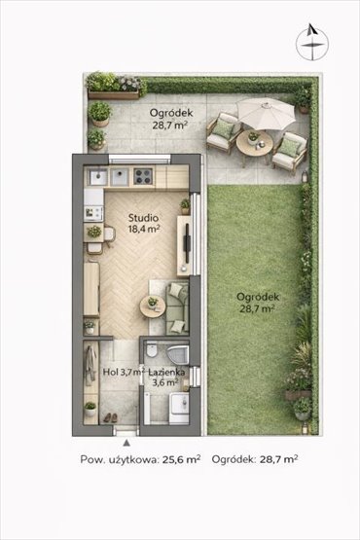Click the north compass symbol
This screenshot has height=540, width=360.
312,42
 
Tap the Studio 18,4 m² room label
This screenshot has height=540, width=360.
144,224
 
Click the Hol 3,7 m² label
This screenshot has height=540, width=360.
124,372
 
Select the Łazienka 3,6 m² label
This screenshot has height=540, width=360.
166,377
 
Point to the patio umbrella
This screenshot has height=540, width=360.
267,113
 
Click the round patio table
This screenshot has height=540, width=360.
255,143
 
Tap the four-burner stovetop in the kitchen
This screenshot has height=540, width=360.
143,176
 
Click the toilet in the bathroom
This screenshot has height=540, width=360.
151,350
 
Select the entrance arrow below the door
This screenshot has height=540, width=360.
126,443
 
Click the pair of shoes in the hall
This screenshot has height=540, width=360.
110,417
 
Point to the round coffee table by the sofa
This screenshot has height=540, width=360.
153,306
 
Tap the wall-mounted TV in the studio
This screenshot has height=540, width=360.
187,242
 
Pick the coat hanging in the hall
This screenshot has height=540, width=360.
90,365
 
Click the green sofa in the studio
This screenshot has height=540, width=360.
177,308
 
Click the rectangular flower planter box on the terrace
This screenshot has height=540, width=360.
113,94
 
